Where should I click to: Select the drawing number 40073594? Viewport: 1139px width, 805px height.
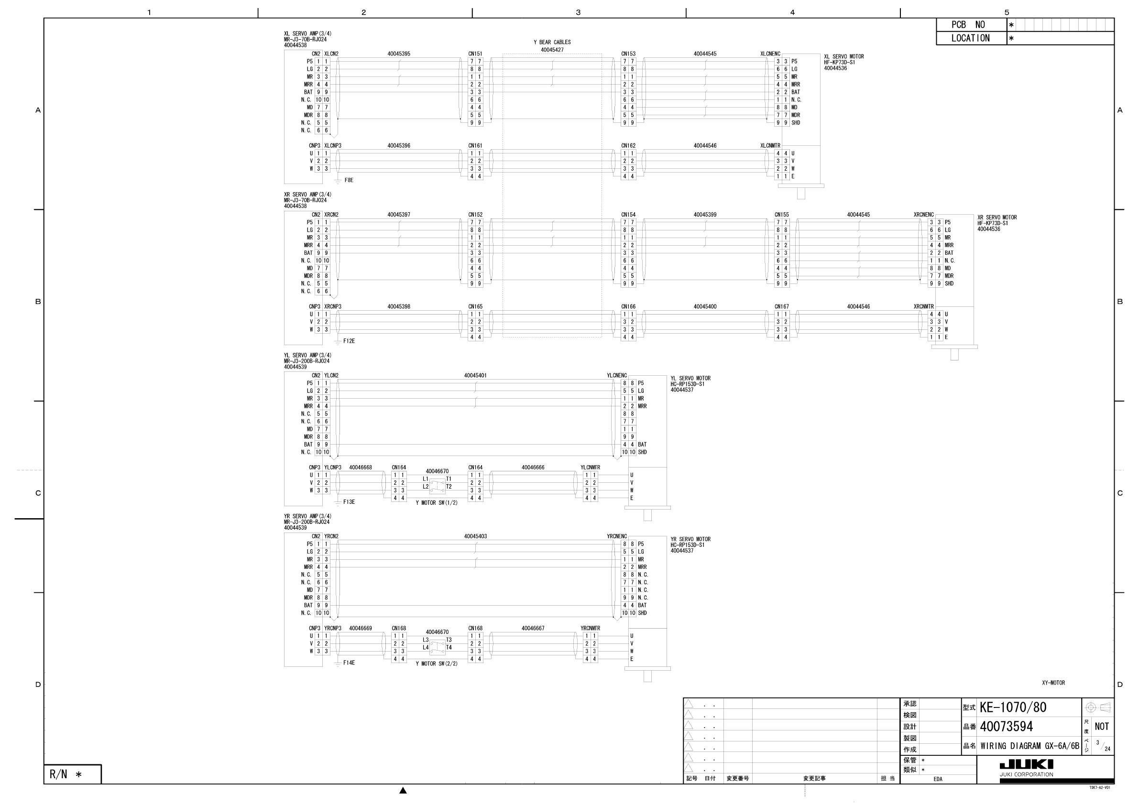[1006, 727]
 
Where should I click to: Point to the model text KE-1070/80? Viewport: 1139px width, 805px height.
[1012, 708]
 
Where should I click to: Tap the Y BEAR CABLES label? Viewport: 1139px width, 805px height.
[552, 43]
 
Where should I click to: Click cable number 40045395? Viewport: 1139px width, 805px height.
[399, 54]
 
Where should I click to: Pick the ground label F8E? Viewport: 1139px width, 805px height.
[349, 181]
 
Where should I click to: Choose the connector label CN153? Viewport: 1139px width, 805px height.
[628, 54]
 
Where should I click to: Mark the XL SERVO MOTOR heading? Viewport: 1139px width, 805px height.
[844, 57]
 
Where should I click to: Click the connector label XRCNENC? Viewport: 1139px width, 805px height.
[923, 215]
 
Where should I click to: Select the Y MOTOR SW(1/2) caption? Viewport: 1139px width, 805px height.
[437, 503]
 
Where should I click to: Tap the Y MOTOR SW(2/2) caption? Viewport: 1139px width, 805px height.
[437, 664]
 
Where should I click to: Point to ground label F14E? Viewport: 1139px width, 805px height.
[349, 663]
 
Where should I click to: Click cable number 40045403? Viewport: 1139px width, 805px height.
[475, 537]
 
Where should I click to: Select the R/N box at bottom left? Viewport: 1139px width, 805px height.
[72, 774]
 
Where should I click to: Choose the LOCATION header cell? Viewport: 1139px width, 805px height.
[971, 38]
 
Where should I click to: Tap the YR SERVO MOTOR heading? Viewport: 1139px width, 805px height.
[690, 540]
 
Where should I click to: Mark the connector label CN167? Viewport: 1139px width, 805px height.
[781, 307]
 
